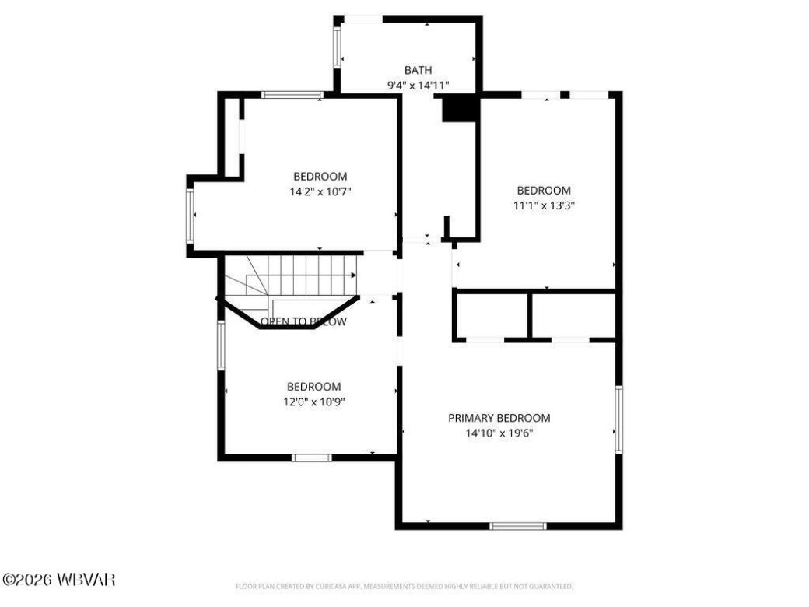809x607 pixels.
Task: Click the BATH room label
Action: tap(418, 70)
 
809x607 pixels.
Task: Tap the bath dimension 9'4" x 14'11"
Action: tap(418, 86)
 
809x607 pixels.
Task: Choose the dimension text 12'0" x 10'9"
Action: tap(313, 402)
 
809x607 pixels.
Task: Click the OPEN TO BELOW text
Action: tap(303, 321)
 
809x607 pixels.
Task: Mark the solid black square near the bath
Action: tap(459, 108)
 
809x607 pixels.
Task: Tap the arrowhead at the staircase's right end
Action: tap(354, 275)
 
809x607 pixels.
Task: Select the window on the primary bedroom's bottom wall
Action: tap(518, 526)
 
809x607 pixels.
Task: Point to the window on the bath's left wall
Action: tap(338, 48)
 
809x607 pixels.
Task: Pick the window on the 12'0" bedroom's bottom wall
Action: tap(311, 458)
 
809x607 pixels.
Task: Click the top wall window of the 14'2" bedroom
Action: tap(292, 95)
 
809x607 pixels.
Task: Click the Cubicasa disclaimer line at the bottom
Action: tap(404, 586)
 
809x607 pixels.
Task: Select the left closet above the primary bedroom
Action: tap(491, 316)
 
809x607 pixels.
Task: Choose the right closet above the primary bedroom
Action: tap(573, 316)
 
